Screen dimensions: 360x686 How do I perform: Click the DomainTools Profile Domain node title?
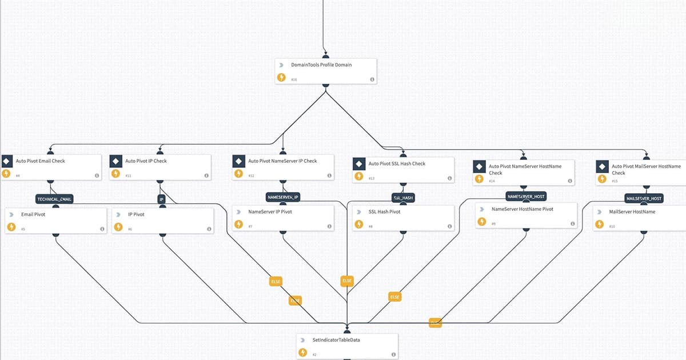coord(321,65)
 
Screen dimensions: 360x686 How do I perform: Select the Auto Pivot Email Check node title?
coord(40,161)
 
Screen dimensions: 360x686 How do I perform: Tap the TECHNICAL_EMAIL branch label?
coord(55,199)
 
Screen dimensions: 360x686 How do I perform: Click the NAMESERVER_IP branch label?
coord(284,197)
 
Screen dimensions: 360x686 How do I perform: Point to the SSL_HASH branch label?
coord(403,198)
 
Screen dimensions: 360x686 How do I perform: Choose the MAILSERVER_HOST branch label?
coord(644,199)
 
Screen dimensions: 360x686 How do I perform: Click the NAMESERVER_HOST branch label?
coord(526,197)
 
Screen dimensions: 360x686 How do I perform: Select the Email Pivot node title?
coord(33,214)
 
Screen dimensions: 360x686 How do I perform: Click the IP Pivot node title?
coord(136,214)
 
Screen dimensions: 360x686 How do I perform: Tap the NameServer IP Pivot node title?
coord(270,212)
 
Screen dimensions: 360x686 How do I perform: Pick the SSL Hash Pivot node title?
coord(385,212)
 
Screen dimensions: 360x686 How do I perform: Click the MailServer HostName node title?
coord(632,212)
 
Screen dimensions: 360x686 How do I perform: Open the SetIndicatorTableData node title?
coord(336,340)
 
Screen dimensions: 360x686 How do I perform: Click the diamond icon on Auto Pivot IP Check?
coord(116,162)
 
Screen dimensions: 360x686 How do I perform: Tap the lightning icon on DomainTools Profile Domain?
coord(281,78)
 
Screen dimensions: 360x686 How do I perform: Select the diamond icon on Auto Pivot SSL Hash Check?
coord(359,164)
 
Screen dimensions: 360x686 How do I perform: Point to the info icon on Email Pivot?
coord(102,229)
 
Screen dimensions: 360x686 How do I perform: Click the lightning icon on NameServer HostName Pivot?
coord(481,222)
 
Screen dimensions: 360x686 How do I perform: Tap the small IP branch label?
coord(161,200)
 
